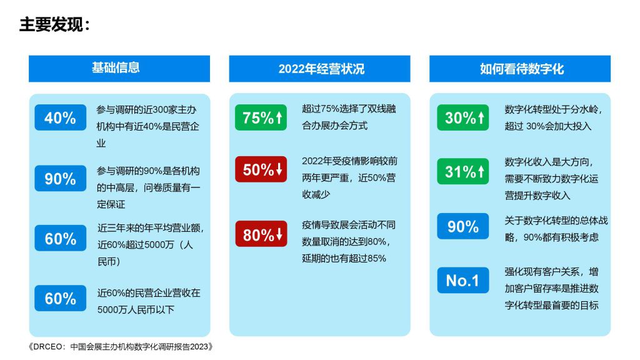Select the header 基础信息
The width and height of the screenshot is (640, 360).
click(x=116, y=67)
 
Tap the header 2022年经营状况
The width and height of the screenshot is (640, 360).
click(x=321, y=69)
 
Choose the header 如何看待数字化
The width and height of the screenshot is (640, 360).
click(x=522, y=69)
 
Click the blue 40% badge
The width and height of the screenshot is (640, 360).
click(x=61, y=117)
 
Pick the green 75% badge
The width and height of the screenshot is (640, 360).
click(x=261, y=117)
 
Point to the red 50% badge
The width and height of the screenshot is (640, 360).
click(x=261, y=169)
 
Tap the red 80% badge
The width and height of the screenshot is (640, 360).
click(x=261, y=234)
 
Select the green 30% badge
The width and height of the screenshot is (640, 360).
click(x=463, y=117)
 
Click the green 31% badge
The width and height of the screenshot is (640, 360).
click(x=463, y=171)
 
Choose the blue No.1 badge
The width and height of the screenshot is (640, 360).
click(x=463, y=281)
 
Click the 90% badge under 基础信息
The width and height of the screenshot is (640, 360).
click(x=61, y=178)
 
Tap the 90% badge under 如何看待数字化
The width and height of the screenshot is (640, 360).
click(x=463, y=226)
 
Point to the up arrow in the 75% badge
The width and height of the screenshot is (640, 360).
click(x=279, y=117)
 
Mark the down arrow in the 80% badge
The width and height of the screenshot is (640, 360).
click(x=279, y=234)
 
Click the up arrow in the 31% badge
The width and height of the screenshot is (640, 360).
click(x=481, y=171)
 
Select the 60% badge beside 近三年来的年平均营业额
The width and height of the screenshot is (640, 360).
click(x=61, y=238)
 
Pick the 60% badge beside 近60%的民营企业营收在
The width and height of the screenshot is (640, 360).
click(x=61, y=298)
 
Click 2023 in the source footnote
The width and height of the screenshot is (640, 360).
click(x=199, y=346)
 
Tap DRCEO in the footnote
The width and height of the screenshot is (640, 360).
click(x=47, y=346)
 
